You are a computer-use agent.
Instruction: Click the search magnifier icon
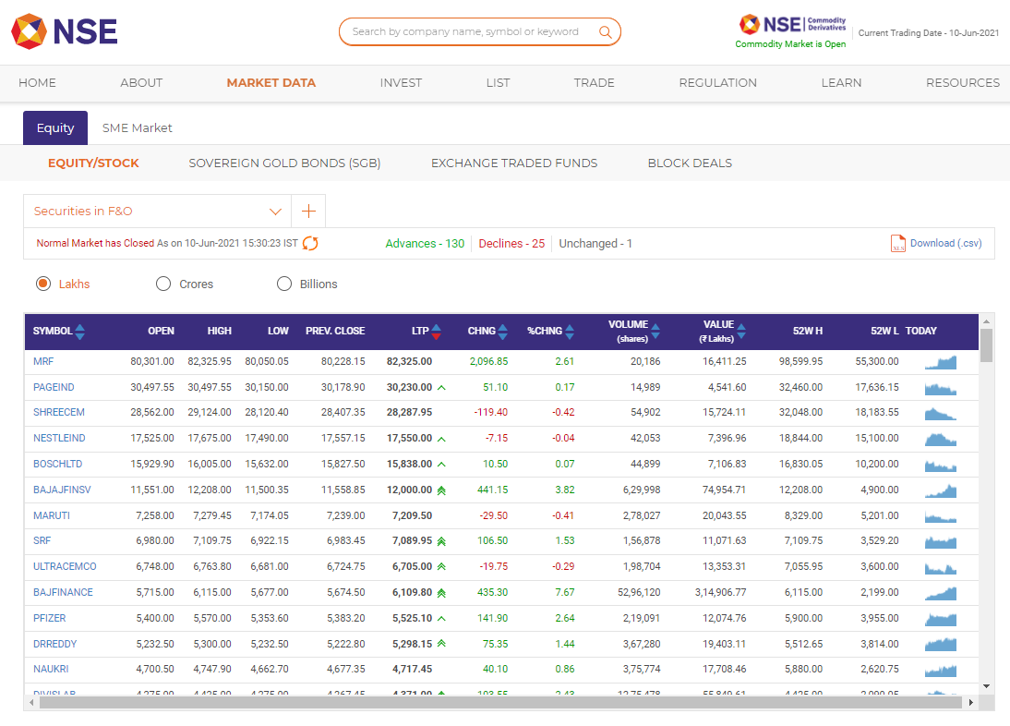606,32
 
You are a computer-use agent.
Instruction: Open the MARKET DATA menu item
271,82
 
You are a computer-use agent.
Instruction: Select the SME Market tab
138,128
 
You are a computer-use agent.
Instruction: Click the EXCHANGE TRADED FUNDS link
514,163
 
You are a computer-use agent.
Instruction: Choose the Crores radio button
163,284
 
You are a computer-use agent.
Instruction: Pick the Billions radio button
284,284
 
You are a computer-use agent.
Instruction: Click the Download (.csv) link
945,244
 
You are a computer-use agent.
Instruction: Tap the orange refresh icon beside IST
310,244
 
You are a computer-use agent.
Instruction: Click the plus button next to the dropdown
308,212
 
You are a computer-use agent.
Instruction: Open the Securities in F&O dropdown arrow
275,212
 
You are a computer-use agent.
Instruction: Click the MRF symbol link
43,361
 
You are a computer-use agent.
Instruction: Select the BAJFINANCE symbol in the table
63,592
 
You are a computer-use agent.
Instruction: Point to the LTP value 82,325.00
409,361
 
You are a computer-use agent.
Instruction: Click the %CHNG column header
545,331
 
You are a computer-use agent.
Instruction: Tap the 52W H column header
807,331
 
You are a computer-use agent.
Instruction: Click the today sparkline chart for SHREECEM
941,413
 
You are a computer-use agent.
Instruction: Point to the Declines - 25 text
511,244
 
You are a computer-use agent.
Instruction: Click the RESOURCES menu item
962,82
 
